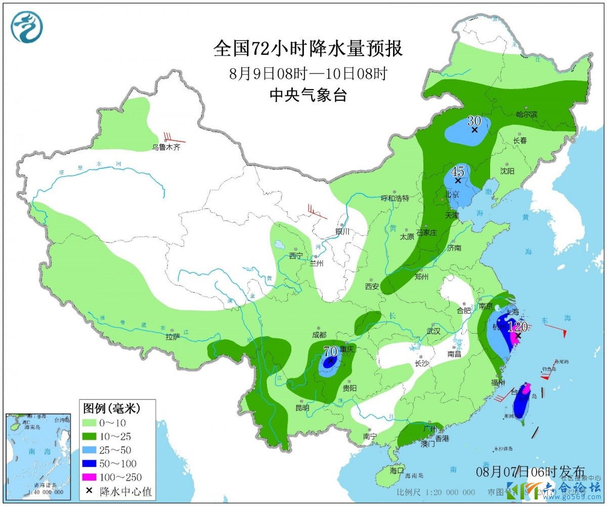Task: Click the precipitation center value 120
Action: (x=517, y=327)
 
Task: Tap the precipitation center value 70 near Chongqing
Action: (x=330, y=350)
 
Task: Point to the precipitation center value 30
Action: (x=474, y=121)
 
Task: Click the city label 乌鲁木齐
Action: (x=166, y=148)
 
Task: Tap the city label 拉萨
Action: (x=173, y=336)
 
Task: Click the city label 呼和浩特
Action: (x=395, y=198)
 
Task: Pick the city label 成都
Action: (x=319, y=334)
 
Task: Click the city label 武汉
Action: (x=433, y=331)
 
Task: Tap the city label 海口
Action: (x=397, y=470)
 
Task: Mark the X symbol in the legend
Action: (x=90, y=490)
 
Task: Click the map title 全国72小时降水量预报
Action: (x=308, y=49)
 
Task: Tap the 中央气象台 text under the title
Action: (x=308, y=95)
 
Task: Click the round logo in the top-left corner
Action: (x=27, y=26)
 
